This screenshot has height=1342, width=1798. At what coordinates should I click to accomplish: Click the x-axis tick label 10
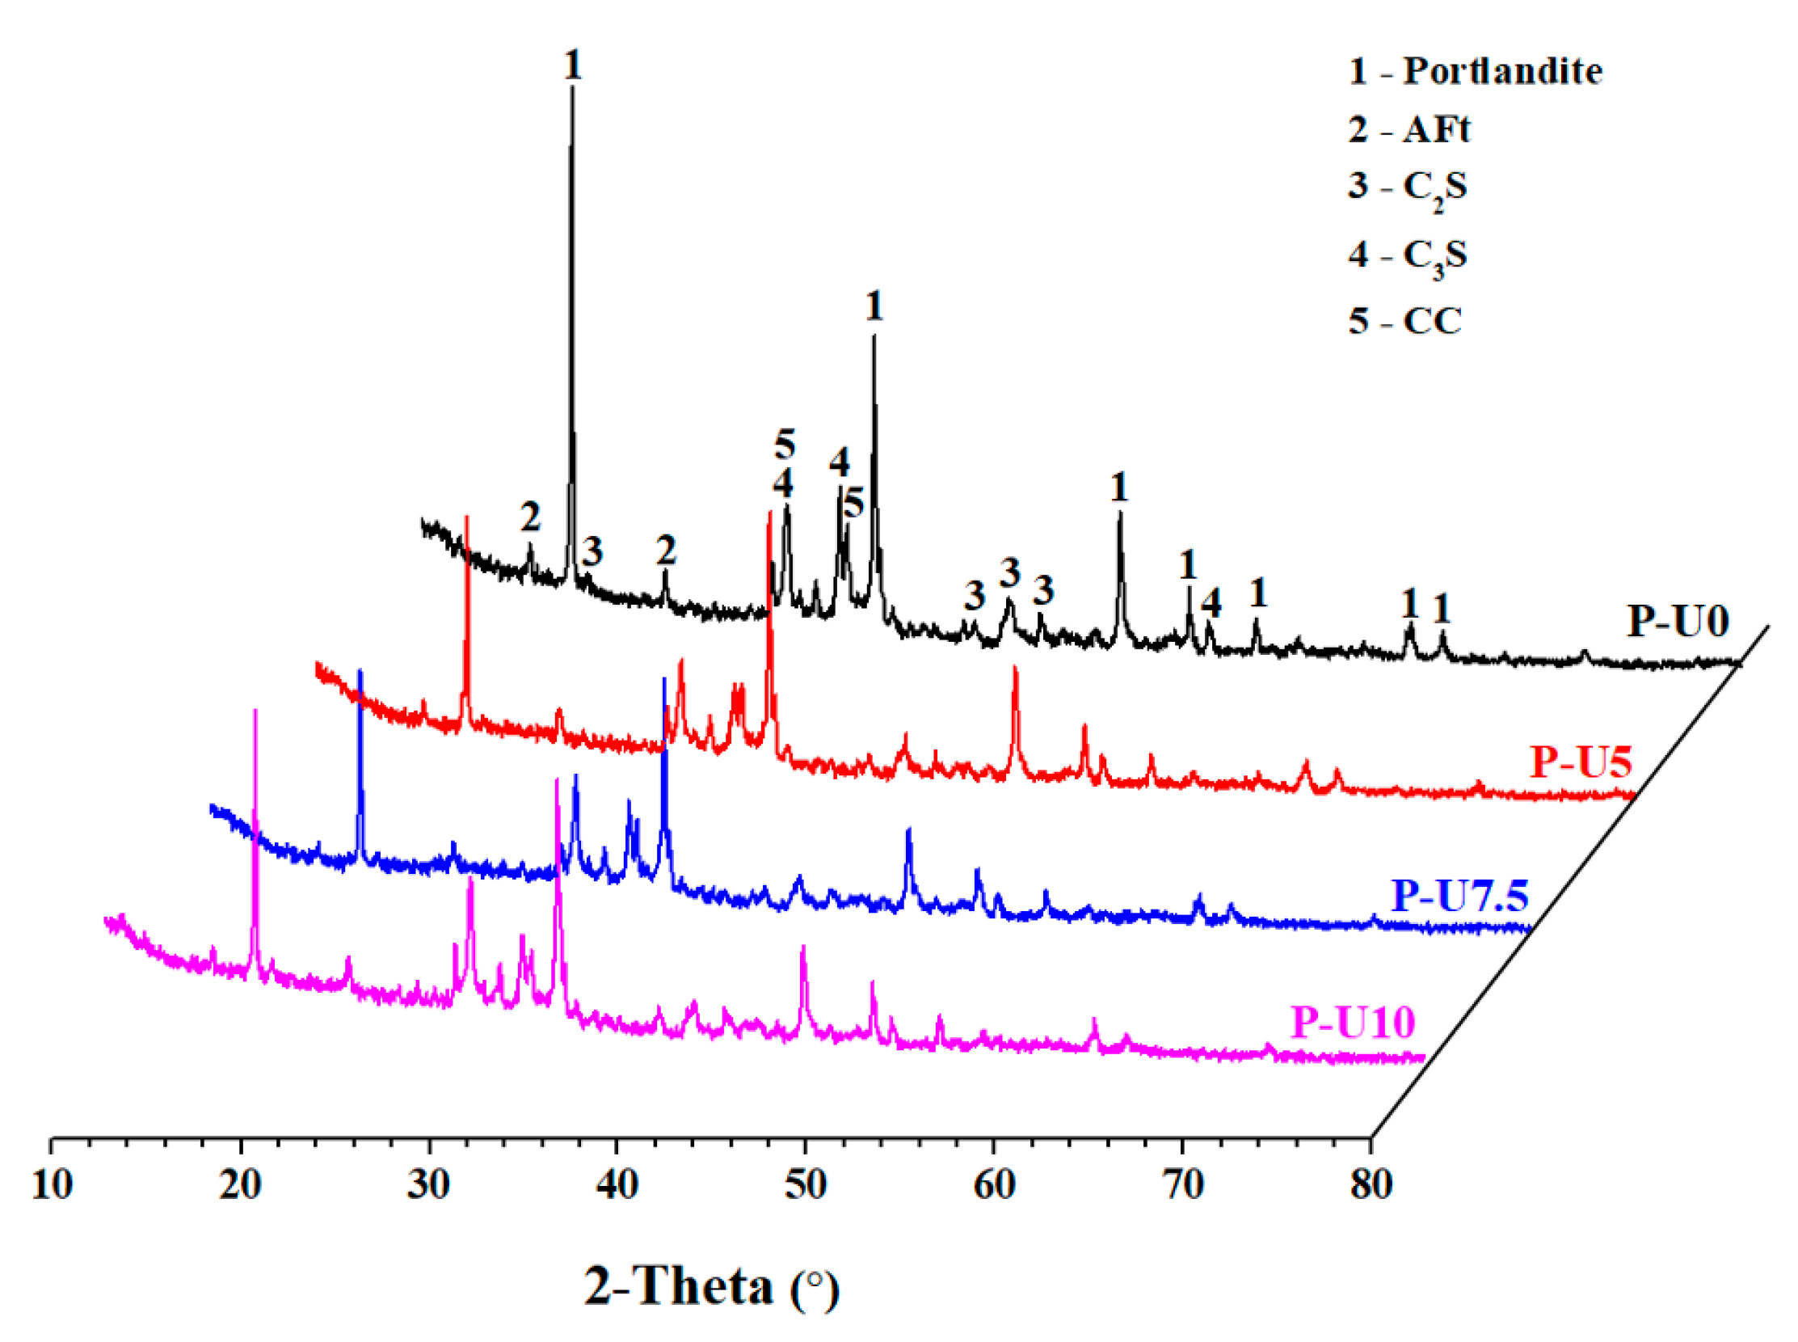[52, 1184]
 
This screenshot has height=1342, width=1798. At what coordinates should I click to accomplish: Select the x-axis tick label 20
[240, 1184]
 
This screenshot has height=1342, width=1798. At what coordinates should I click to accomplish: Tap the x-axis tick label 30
[429, 1184]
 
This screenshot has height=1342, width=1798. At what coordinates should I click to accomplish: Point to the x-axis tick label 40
[617, 1184]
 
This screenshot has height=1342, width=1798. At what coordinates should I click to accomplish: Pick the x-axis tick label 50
[806, 1184]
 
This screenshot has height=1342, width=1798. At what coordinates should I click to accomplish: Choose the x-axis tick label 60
[994, 1184]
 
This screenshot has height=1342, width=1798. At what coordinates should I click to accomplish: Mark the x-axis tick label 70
[1183, 1184]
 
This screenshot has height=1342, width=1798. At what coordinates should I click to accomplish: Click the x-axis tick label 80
[1371, 1184]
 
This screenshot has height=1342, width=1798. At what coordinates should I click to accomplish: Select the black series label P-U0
[1678, 622]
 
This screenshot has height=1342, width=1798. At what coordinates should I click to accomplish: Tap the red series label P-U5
[1581, 762]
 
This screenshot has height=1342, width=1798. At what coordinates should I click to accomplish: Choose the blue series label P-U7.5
[1460, 895]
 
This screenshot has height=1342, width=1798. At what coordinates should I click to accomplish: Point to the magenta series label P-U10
[1353, 1021]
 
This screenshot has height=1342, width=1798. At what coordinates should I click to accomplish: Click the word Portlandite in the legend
[1502, 71]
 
